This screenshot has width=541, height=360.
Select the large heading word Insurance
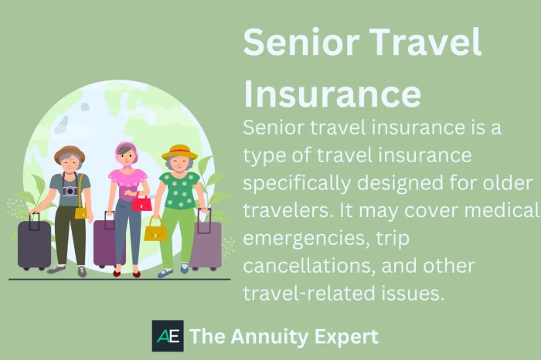(x=332, y=93)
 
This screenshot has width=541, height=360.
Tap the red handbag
(x=141, y=202)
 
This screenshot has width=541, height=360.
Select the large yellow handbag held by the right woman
(x=155, y=231)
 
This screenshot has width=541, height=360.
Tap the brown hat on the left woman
(x=69, y=152)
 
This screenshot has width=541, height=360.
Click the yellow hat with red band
(x=179, y=151)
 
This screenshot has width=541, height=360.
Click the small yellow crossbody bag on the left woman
(x=80, y=211)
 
